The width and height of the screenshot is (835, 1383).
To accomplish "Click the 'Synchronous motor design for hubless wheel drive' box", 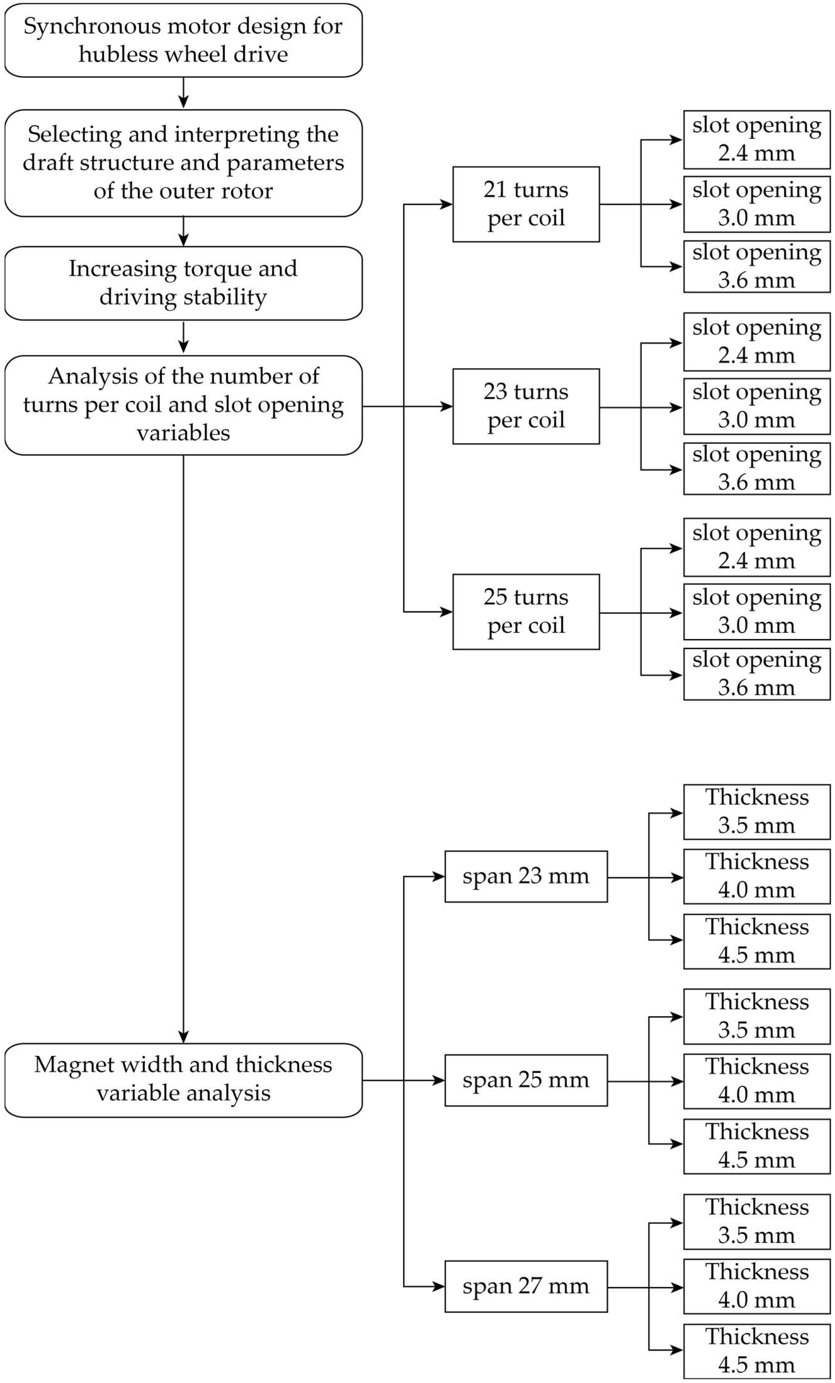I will (183, 40).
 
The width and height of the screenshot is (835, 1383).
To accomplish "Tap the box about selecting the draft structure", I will (183, 163).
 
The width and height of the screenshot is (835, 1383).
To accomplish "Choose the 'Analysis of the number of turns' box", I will (183, 405).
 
